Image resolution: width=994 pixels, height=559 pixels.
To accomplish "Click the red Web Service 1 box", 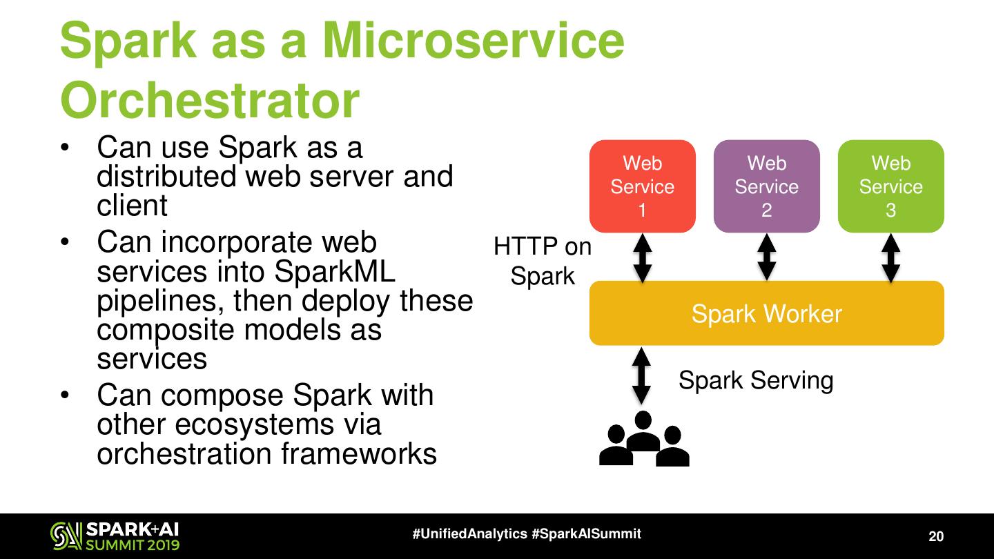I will pyautogui.click(x=642, y=186).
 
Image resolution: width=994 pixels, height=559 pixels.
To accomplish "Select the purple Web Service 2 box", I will pyautogui.click(x=766, y=186).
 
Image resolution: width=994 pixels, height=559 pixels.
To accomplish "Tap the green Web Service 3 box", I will pyautogui.click(x=890, y=186).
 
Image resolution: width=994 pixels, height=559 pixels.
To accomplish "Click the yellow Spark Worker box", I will pyautogui.click(x=766, y=314).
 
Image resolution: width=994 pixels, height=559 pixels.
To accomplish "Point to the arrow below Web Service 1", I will pyautogui.click(x=643, y=258).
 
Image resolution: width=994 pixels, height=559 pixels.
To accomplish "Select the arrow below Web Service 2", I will pyautogui.click(x=766, y=258).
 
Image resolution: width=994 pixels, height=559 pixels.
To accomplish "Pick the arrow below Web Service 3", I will pyautogui.click(x=890, y=258).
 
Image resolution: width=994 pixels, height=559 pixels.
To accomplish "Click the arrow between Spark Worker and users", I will pyautogui.click(x=642, y=375).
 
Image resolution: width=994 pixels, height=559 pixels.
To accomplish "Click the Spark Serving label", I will pyautogui.click(x=756, y=380).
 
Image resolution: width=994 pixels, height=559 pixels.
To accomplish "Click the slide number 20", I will pyautogui.click(x=935, y=537).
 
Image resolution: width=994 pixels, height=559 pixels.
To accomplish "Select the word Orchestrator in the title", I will pyautogui.click(x=210, y=101).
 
